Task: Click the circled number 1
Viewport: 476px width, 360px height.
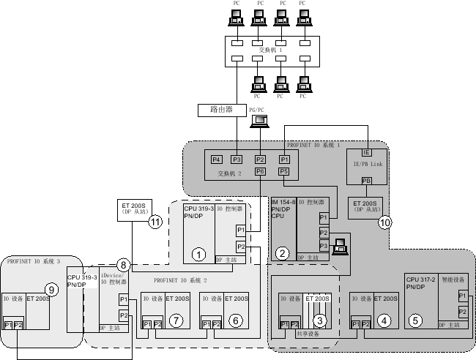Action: pos(198,254)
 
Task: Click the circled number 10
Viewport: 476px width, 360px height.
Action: pos(385,222)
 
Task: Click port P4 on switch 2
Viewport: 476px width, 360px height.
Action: pos(216,160)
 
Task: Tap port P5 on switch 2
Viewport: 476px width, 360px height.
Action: pos(284,171)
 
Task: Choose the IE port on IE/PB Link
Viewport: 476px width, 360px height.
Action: pos(367,152)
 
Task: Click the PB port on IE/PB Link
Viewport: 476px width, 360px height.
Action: pos(367,181)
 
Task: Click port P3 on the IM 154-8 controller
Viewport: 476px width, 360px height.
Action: pos(323,245)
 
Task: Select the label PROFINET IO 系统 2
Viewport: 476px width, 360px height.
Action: pos(181,280)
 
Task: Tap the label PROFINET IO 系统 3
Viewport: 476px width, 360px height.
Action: pos(32,260)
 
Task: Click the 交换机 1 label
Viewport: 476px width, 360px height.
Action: pos(271,50)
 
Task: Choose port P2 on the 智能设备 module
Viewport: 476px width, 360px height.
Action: pos(462,312)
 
